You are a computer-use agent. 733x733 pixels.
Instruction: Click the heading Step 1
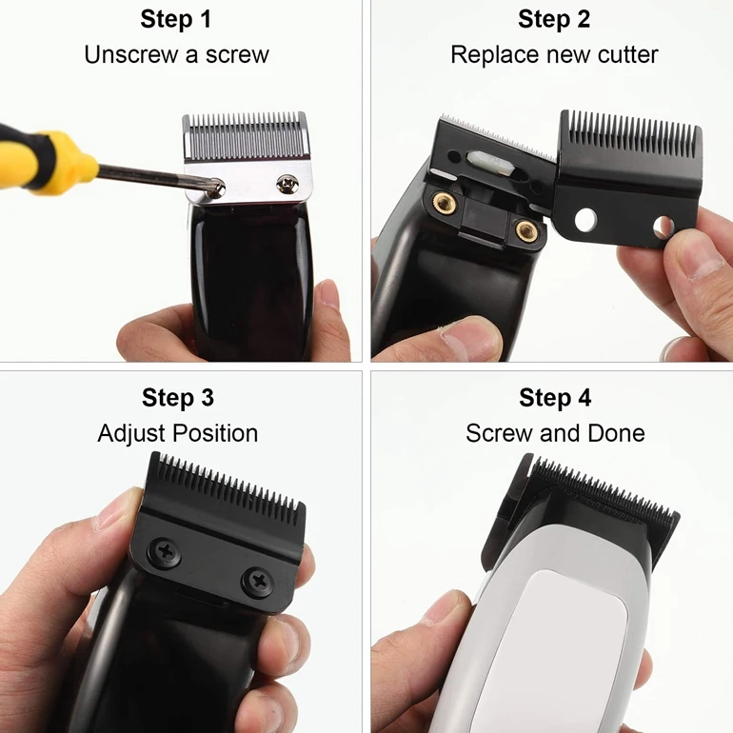click(x=176, y=19)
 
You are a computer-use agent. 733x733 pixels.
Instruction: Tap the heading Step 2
click(x=554, y=19)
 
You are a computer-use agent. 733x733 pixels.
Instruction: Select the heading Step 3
click(x=178, y=397)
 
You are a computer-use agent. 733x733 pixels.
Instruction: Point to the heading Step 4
click(x=555, y=397)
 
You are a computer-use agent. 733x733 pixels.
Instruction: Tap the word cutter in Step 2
click(x=627, y=54)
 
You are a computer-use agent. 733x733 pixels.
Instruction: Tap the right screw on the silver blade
click(x=284, y=181)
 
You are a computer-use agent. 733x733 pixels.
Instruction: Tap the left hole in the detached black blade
click(x=586, y=221)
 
